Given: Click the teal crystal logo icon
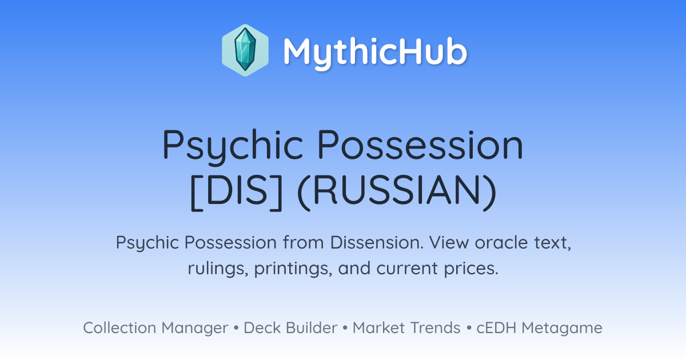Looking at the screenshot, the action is (x=245, y=50).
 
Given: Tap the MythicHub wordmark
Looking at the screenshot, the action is (x=375, y=53).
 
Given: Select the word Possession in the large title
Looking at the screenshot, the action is (x=420, y=145).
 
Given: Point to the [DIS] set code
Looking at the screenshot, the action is (x=236, y=192).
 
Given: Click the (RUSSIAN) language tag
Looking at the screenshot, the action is (x=397, y=192).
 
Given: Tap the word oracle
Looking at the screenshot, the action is (x=501, y=242).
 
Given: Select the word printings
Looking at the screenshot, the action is (x=293, y=269).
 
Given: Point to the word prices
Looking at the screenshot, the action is (x=471, y=269).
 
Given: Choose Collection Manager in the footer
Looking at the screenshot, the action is (x=155, y=328).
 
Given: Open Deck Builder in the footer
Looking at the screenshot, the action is (x=290, y=327).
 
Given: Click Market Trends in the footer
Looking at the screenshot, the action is (x=406, y=327).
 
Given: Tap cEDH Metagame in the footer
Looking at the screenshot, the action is (x=539, y=328).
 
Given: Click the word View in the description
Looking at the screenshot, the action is (x=449, y=242).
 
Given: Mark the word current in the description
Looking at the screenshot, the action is (x=407, y=269).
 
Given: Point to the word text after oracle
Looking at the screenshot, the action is (x=553, y=243).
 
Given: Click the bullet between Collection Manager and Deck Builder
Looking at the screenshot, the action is (x=236, y=328).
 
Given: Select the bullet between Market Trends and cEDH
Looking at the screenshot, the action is (x=469, y=328).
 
